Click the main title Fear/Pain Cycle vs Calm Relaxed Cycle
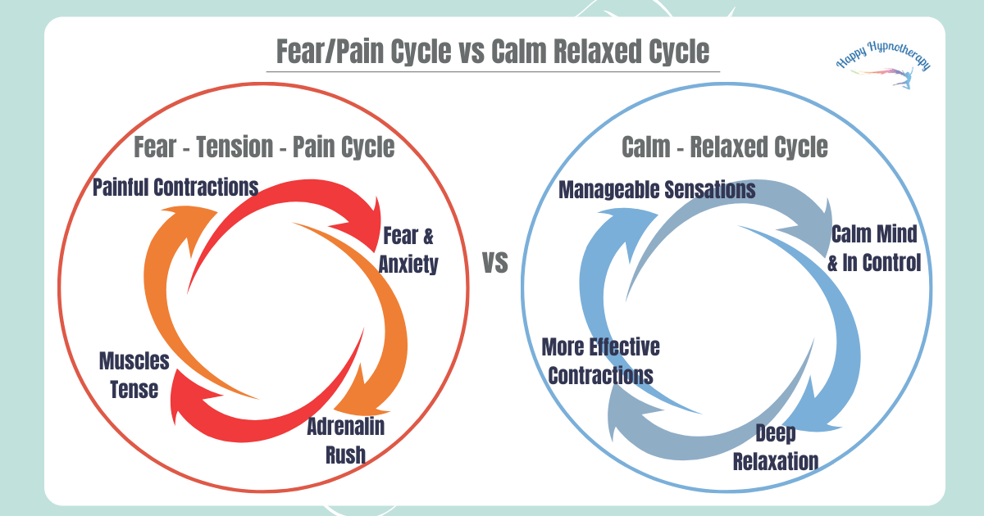(x=492, y=52)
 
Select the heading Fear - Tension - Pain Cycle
(x=265, y=147)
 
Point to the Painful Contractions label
(x=175, y=188)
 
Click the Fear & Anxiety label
(x=408, y=250)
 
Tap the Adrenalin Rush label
(x=345, y=440)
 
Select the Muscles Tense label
(x=129, y=374)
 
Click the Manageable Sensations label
(x=657, y=190)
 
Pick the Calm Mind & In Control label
(x=874, y=248)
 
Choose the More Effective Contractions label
(x=601, y=361)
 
